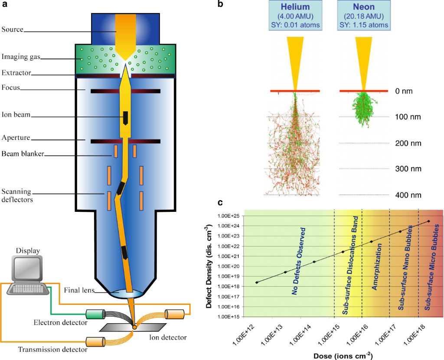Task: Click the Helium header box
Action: click(295, 15)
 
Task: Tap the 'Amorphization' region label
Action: click(376, 266)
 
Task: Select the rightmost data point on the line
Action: click(428, 221)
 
